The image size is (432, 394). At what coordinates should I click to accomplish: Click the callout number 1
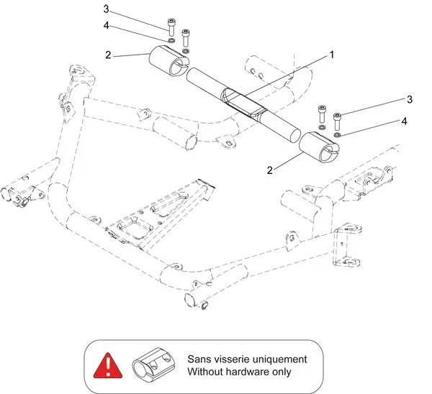click(333, 55)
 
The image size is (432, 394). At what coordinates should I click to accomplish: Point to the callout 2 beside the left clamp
click(107, 55)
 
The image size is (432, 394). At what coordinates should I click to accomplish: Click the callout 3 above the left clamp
click(106, 9)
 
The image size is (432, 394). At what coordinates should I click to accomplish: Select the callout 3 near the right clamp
click(410, 98)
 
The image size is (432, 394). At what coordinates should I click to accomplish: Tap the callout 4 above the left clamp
click(106, 25)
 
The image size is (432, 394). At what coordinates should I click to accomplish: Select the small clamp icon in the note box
click(153, 365)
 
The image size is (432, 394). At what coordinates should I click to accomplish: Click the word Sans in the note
click(199, 358)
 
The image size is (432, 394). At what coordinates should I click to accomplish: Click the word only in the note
click(284, 372)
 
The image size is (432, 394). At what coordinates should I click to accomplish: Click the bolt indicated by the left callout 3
click(171, 27)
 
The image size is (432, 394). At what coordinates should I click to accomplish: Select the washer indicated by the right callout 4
click(337, 134)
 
